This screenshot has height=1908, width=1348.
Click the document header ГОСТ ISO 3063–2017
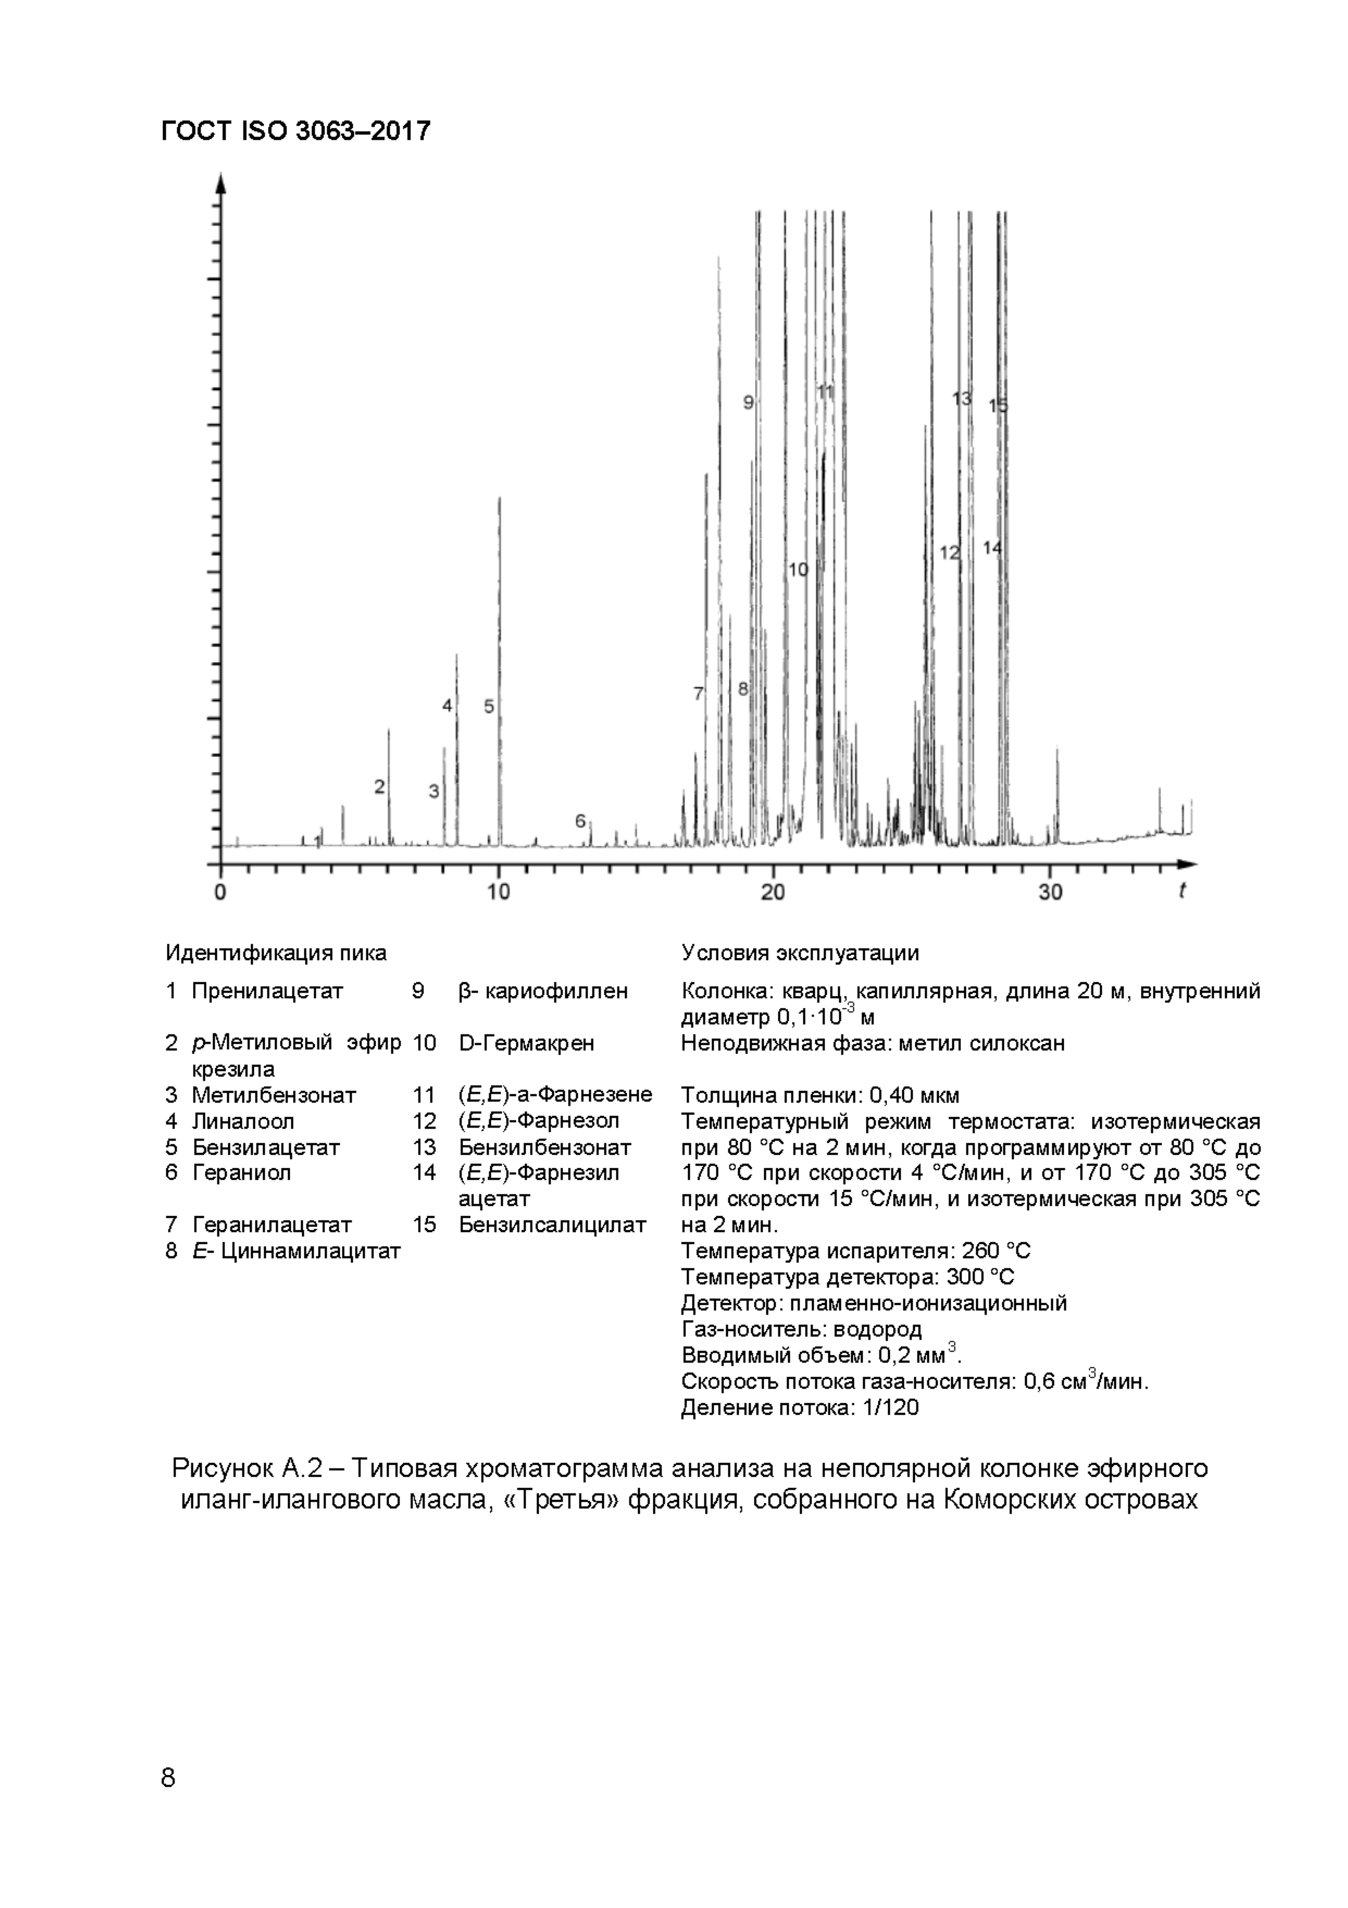coord(296,131)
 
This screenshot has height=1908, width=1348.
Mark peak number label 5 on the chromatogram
coord(488,707)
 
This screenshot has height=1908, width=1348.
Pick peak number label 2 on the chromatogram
coord(379,786)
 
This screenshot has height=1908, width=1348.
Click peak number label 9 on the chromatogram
coord(747,402)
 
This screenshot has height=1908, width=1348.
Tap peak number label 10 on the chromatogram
coord(797,570)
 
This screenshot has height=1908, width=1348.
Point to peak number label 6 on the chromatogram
coord(581,821)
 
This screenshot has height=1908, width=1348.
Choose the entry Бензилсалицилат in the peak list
coord(552,1224)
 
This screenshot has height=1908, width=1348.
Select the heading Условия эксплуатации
coord(800,952)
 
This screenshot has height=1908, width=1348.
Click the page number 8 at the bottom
coord(168,1777)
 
